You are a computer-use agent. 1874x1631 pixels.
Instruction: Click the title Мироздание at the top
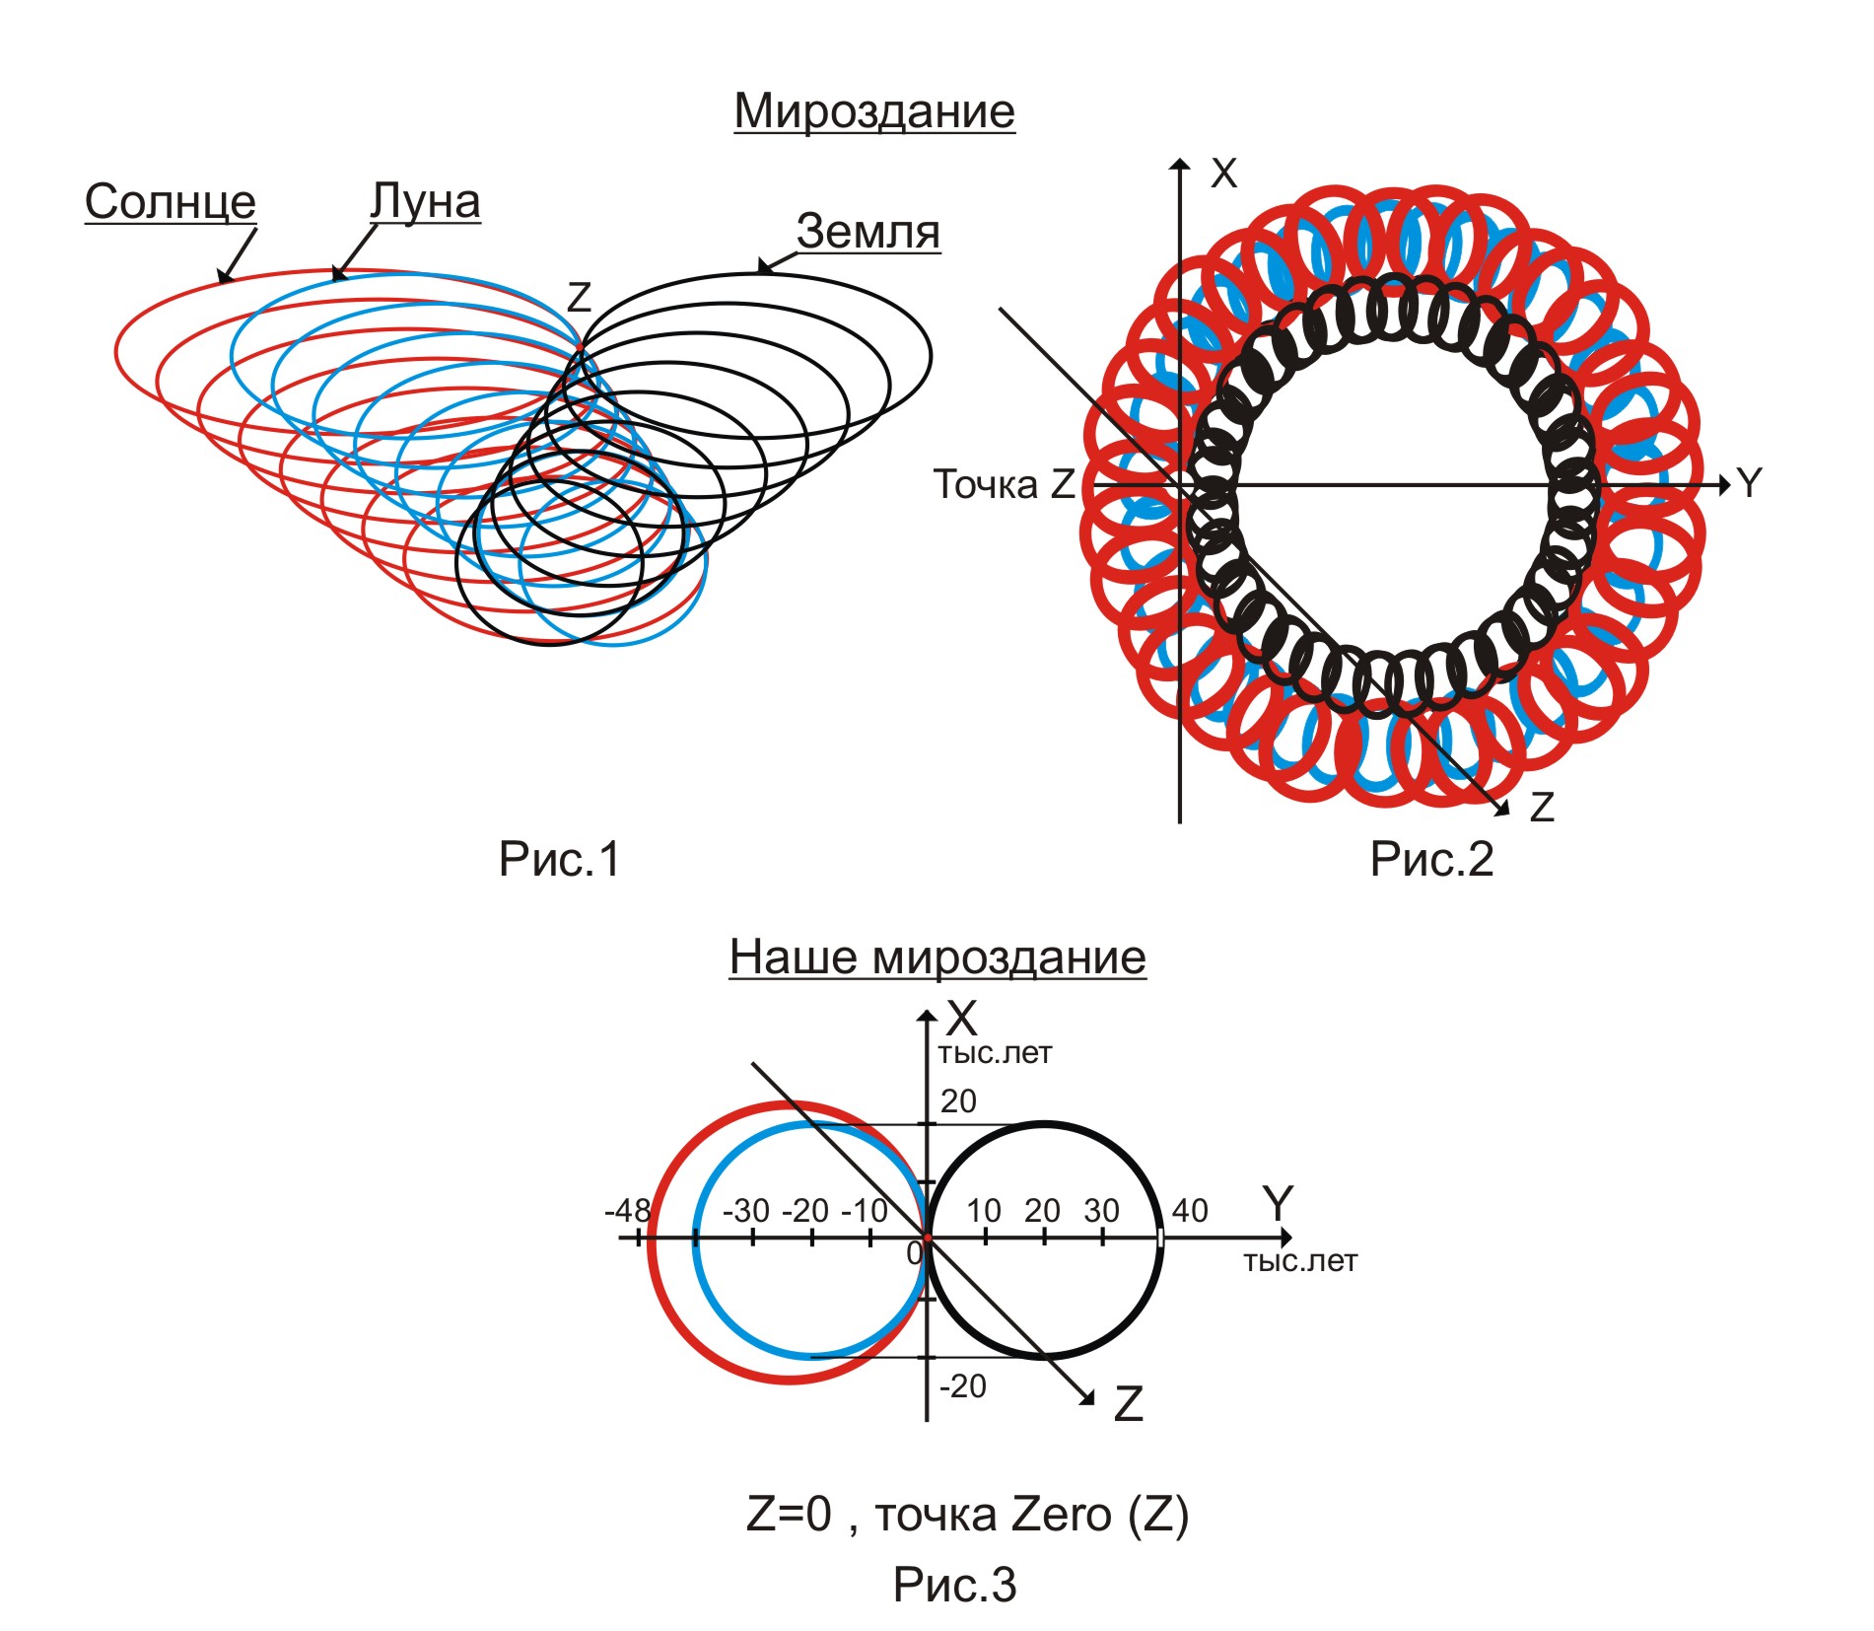click(874, 110)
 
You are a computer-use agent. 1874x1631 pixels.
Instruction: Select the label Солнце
click(170, 201)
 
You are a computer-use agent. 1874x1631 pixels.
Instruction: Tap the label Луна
click(425, 201)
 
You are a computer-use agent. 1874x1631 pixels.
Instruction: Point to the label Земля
click(868, 232)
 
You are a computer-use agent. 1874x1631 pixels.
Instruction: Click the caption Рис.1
click(559, 859)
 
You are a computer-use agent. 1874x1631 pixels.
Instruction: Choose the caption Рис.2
click(1431, 859)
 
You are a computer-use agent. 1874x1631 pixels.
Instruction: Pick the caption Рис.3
click(954, 1585)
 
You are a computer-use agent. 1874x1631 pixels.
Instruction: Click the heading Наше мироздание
click(937, 957)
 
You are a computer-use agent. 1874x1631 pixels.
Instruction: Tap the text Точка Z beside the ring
click(1004, 484)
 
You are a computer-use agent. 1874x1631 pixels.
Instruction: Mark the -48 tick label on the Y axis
click(628, 1210)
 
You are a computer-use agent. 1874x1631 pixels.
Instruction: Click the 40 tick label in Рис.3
click(1190, 1210)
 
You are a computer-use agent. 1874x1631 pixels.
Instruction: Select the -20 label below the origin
click(962, 1386)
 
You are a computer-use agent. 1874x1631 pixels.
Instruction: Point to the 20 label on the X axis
click(958, 1100)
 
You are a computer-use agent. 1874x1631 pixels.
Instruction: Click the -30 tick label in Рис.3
click(746, 1210)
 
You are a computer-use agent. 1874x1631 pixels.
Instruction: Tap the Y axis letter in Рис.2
click(1749, 483)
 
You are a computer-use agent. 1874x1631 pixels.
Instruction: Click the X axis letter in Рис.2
click(1223, 174)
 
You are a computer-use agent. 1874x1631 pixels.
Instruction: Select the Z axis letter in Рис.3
click(1128, 1404)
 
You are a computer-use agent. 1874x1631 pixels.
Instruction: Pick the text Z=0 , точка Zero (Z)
click(967, 1515)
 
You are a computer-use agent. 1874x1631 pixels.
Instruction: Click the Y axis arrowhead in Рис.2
click(1724, 485)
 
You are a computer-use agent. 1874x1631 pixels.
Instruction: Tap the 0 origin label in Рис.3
click(914, 1253)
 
